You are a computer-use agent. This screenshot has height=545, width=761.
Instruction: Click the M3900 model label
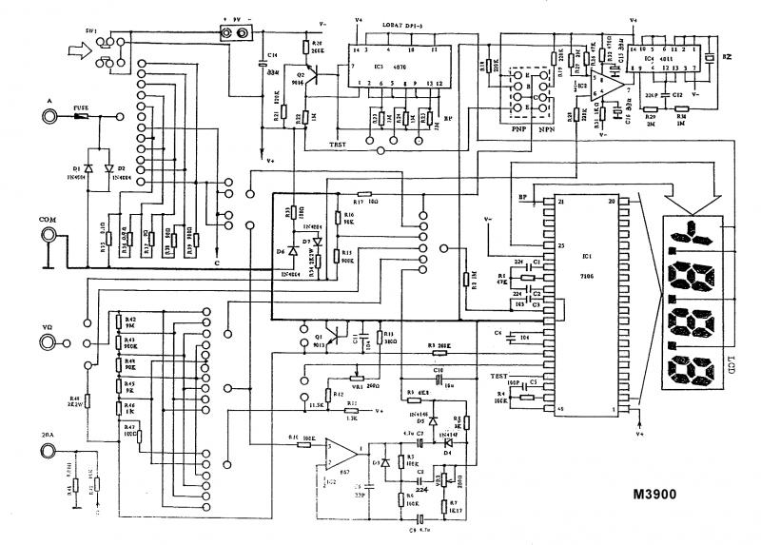click(679, 496)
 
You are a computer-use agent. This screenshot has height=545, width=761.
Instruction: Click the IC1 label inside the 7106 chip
click(587, 257)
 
